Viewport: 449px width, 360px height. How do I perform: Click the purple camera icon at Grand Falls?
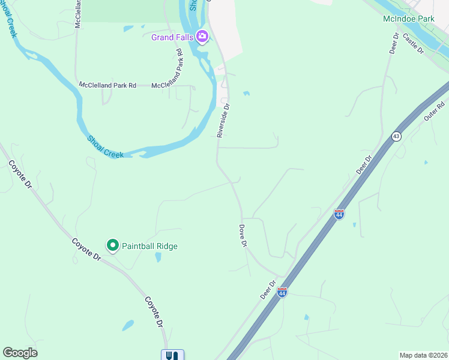[x=202, y=37]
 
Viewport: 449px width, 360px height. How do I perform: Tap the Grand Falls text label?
[x=172, y=37]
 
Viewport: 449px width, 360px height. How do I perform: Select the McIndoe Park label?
[x=408, y=19]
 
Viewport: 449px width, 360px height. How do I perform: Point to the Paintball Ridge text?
[x=149, y=246]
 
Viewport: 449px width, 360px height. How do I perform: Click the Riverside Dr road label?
[x=223, y=120]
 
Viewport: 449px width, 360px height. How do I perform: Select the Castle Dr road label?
[x=414, y=44]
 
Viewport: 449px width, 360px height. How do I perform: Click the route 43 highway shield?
[x=396, y=136]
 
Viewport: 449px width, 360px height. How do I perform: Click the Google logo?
[x=20, y=353]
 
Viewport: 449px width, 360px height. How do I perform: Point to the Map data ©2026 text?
[x=423, y=355]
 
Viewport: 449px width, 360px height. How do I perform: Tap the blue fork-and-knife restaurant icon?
[x=172, y=355]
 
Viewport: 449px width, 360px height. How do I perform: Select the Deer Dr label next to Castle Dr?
[x=394, y=44]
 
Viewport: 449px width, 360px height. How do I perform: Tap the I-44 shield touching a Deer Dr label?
[x=282, y=292]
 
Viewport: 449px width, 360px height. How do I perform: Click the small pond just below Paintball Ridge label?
[x=158, y=257]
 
